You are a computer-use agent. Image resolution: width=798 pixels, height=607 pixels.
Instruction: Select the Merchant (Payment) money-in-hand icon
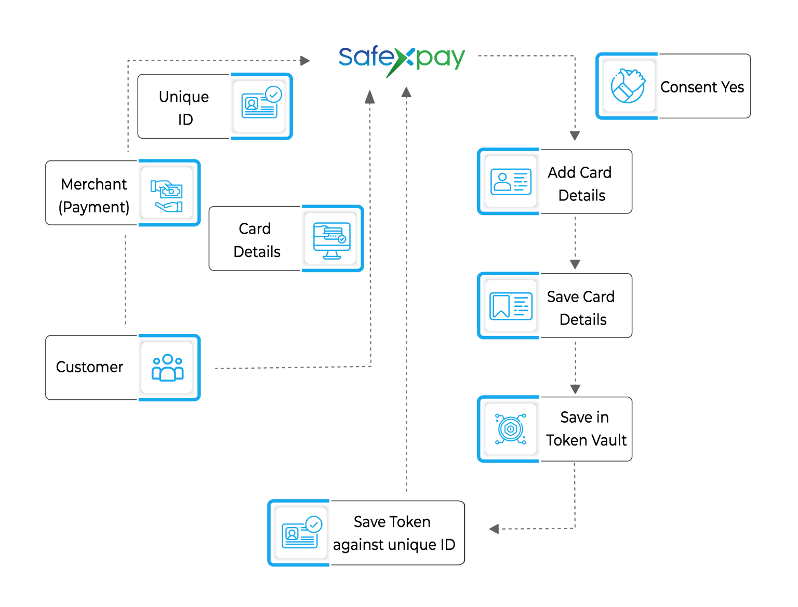tap(167, 195)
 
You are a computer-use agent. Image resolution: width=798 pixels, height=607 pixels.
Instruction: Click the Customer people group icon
tap(167, 367)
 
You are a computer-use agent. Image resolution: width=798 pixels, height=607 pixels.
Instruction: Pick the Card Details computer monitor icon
tap(332, 239)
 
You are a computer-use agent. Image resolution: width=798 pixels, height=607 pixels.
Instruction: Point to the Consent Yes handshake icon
tap(628, 86)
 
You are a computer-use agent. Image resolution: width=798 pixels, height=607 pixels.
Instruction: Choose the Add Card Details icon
tap(511, 181)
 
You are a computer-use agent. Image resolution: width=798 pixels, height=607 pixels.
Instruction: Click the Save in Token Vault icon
tap(511, 429)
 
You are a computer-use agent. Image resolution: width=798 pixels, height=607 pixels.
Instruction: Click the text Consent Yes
tap(702, 87)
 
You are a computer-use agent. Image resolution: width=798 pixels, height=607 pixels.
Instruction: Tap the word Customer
tap(89, 367)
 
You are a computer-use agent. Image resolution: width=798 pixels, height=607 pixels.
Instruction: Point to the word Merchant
tap(94, 184)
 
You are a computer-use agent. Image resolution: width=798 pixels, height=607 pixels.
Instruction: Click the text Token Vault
tap(586, 440)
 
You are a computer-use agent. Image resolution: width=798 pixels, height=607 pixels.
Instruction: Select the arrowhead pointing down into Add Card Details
tap(575, 136)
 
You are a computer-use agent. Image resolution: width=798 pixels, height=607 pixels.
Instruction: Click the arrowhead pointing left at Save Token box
tap(494, 529)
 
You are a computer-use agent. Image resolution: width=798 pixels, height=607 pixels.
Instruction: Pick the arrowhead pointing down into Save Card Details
tap(575, 264)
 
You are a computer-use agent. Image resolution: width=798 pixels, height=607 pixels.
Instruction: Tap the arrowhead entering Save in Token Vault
tap(575, 389)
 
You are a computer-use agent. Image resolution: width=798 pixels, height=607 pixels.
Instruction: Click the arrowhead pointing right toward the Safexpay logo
tap(305, 61)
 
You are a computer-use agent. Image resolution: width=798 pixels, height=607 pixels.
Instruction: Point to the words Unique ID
tap(184, 107)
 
